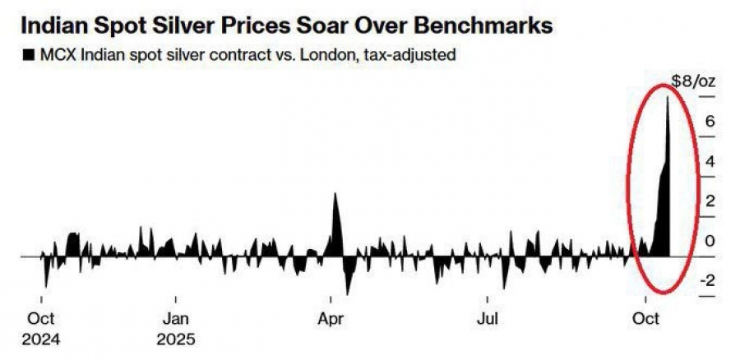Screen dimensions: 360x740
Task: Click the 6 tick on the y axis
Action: pos(708,121)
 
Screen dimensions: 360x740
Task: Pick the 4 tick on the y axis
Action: pos(708,161)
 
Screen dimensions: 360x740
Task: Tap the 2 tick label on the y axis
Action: pos(708,201)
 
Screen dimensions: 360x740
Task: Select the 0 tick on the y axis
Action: pos(708,242)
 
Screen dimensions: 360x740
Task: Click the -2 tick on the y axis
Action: pos(705,281)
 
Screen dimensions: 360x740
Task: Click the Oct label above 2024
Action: pos(41,318)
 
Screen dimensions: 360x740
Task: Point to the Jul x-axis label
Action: pos(488,318)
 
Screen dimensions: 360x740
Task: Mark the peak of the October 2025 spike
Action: pos(667,97)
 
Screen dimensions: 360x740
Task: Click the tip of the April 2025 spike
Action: pos(334,194)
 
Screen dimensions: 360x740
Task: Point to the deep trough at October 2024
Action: pos(45,287)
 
